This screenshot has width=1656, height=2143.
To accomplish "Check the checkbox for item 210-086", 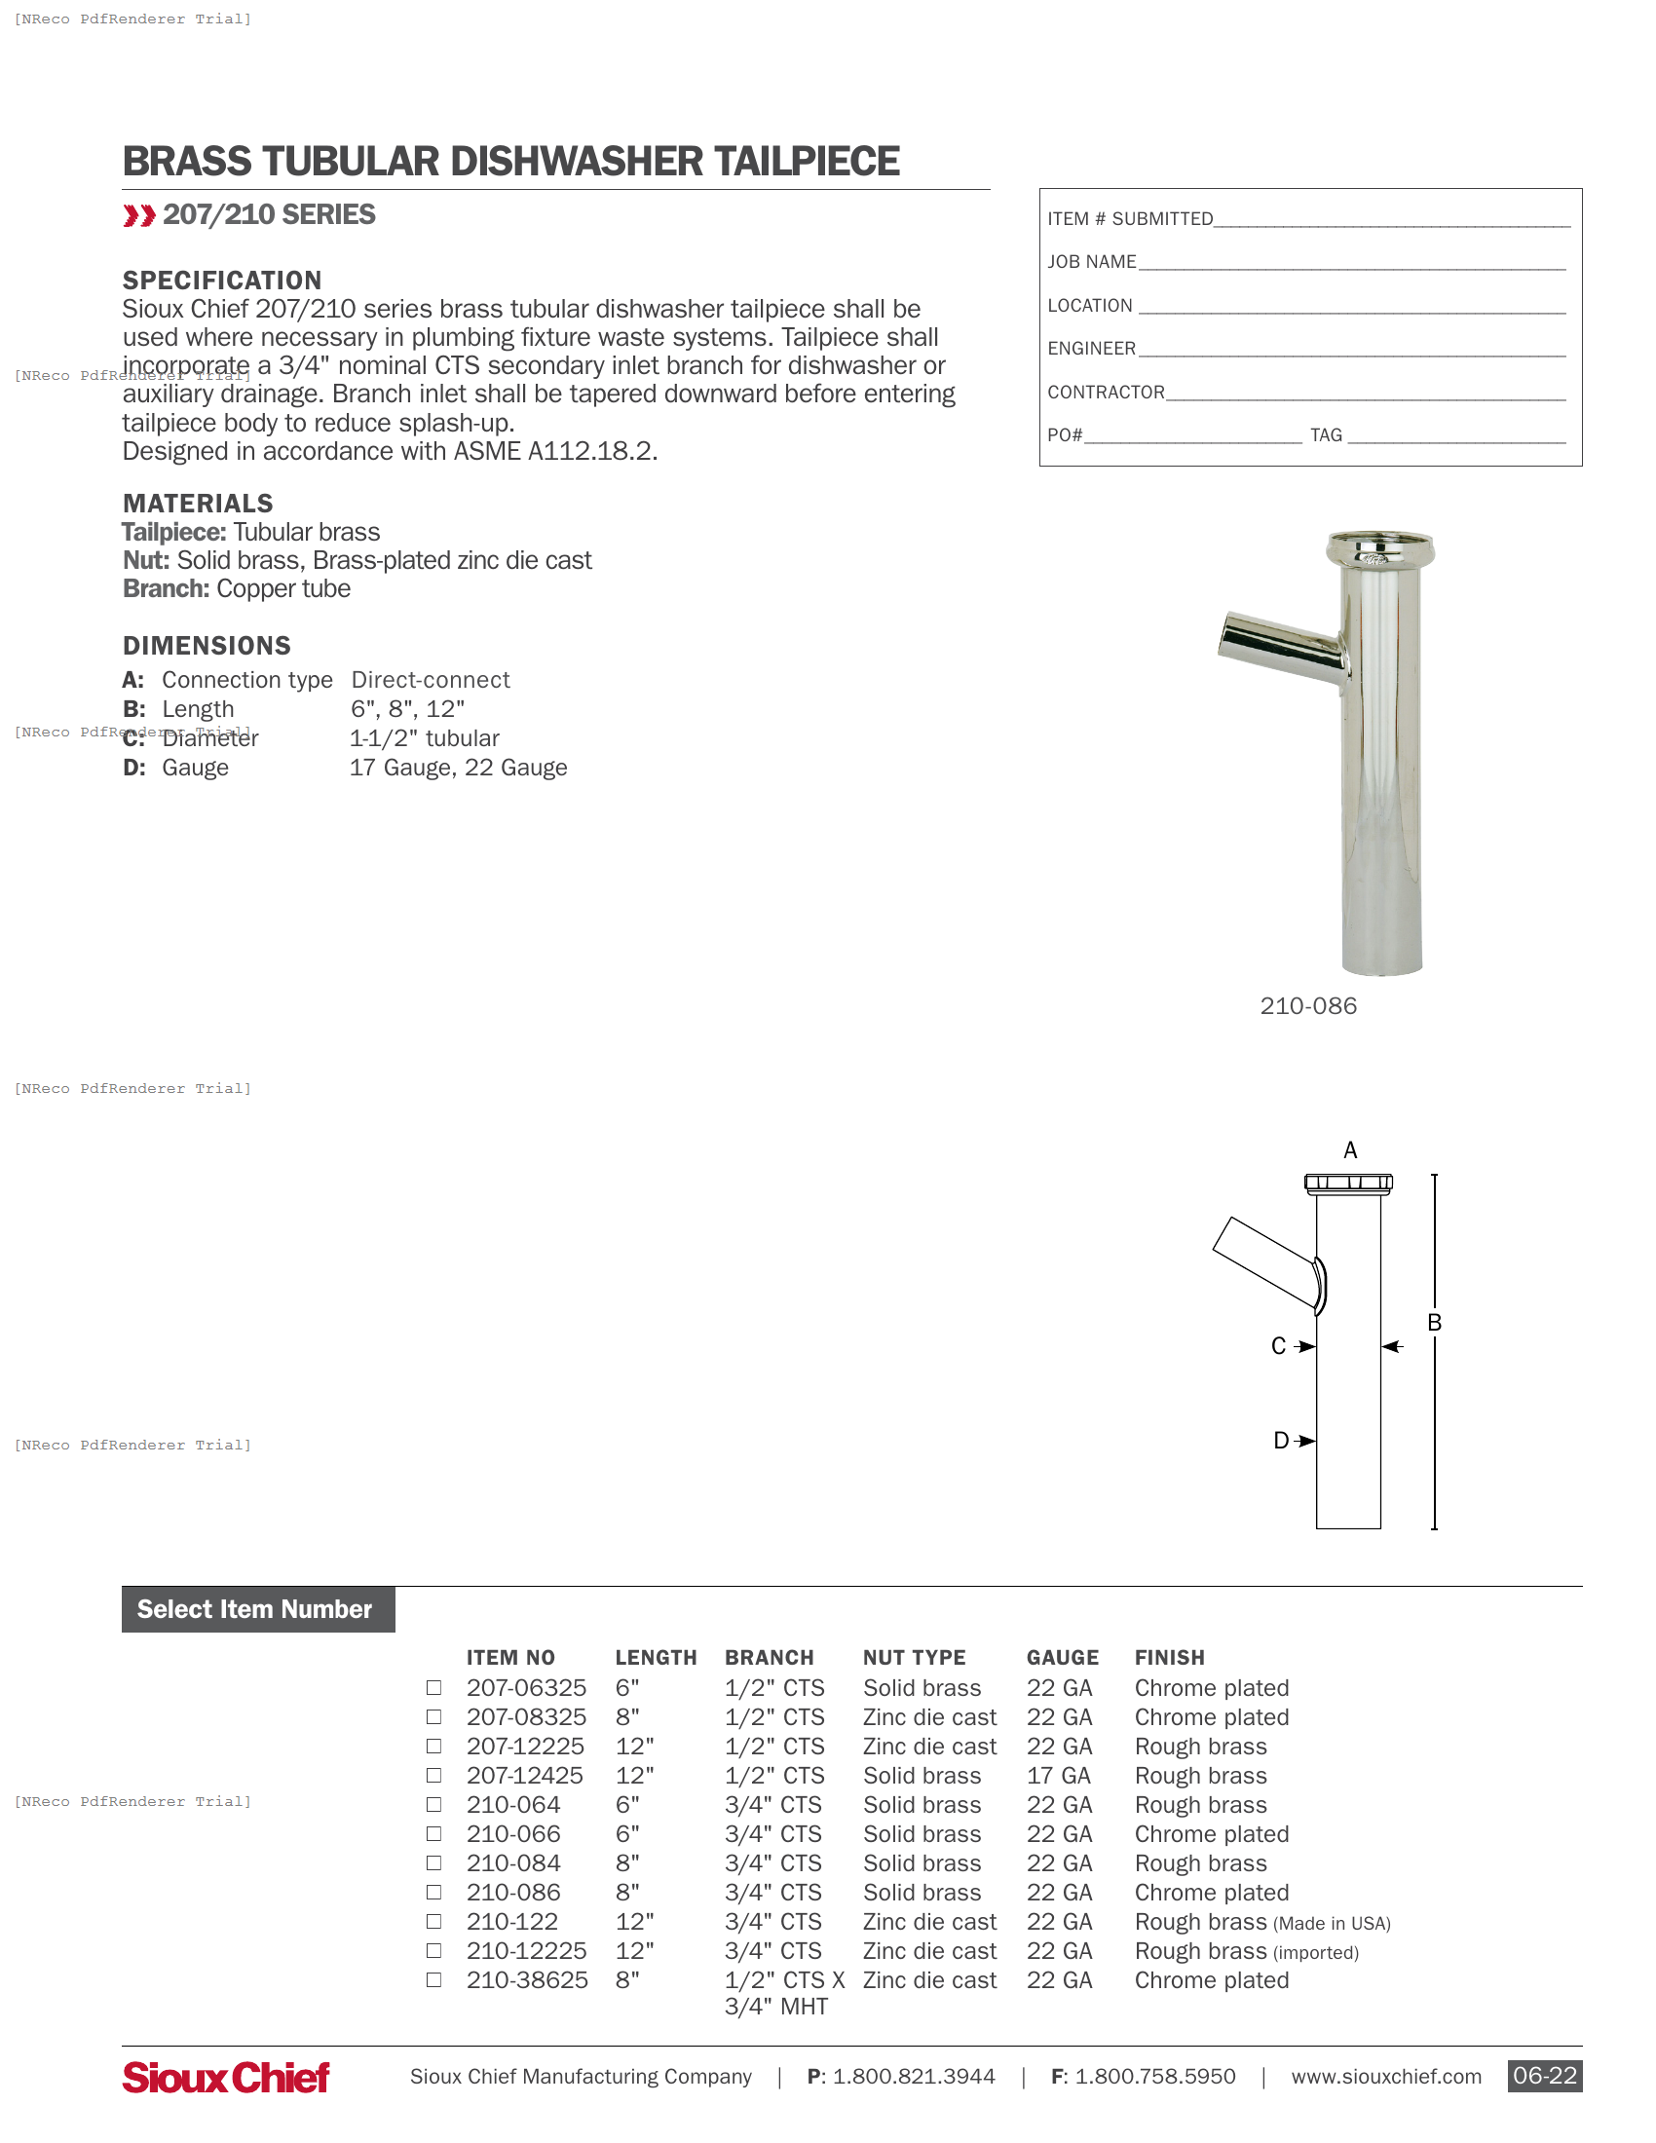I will tap(433, 1892).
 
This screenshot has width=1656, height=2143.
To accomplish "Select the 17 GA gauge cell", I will tap(1058, 1775).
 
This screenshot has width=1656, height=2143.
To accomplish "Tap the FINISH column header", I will tap(1168, 1657).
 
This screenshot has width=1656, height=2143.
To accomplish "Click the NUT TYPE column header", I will tap(914, 1657).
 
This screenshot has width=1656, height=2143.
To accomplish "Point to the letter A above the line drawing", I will tap(1350, 1150).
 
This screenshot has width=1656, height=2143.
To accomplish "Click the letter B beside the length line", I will tap(1434, 1323).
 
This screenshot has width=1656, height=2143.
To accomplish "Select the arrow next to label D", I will tap(1304, 1441).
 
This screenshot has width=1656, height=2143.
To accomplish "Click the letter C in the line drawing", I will tap(1278, 1346).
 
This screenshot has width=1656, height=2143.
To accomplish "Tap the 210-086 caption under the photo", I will tap(1307, 1006).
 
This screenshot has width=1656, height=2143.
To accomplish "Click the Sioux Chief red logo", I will tap(226, 2078).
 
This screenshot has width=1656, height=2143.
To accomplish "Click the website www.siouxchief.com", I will tap(1385, 2077).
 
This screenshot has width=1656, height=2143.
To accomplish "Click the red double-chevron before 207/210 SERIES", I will tap(139, 216).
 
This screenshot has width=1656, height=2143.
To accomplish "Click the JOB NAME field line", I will tap(1351, 263).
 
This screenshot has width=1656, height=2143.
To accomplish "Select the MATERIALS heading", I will tap(198, 504).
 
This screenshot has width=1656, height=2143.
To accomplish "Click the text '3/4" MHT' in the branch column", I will tap(776, 2007).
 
